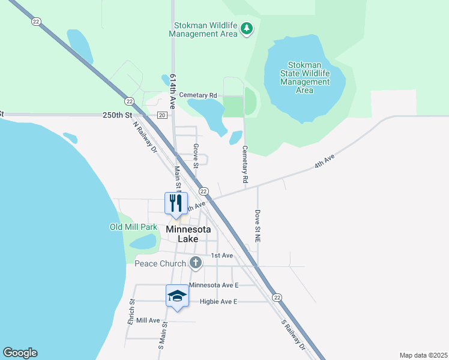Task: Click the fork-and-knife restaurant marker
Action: [176, 203]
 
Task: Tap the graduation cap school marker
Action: [177, 295]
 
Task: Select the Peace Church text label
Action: [160, 263]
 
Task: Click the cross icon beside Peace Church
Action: [195, 262]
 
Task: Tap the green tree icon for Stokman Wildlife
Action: [246, 28]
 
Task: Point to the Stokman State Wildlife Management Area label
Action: [305, 77]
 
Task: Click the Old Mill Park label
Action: [133, 227]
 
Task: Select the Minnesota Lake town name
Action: [188, 234]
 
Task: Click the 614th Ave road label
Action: [173, 91]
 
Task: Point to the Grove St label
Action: [196, 155]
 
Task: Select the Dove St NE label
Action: [257, 226]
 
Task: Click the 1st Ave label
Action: [221, 256]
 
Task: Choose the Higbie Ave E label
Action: [218, 301]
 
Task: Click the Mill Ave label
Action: [148, 320]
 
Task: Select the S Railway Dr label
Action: [294, 335]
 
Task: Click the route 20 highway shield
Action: [162, 115]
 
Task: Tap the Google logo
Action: [20, 353]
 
